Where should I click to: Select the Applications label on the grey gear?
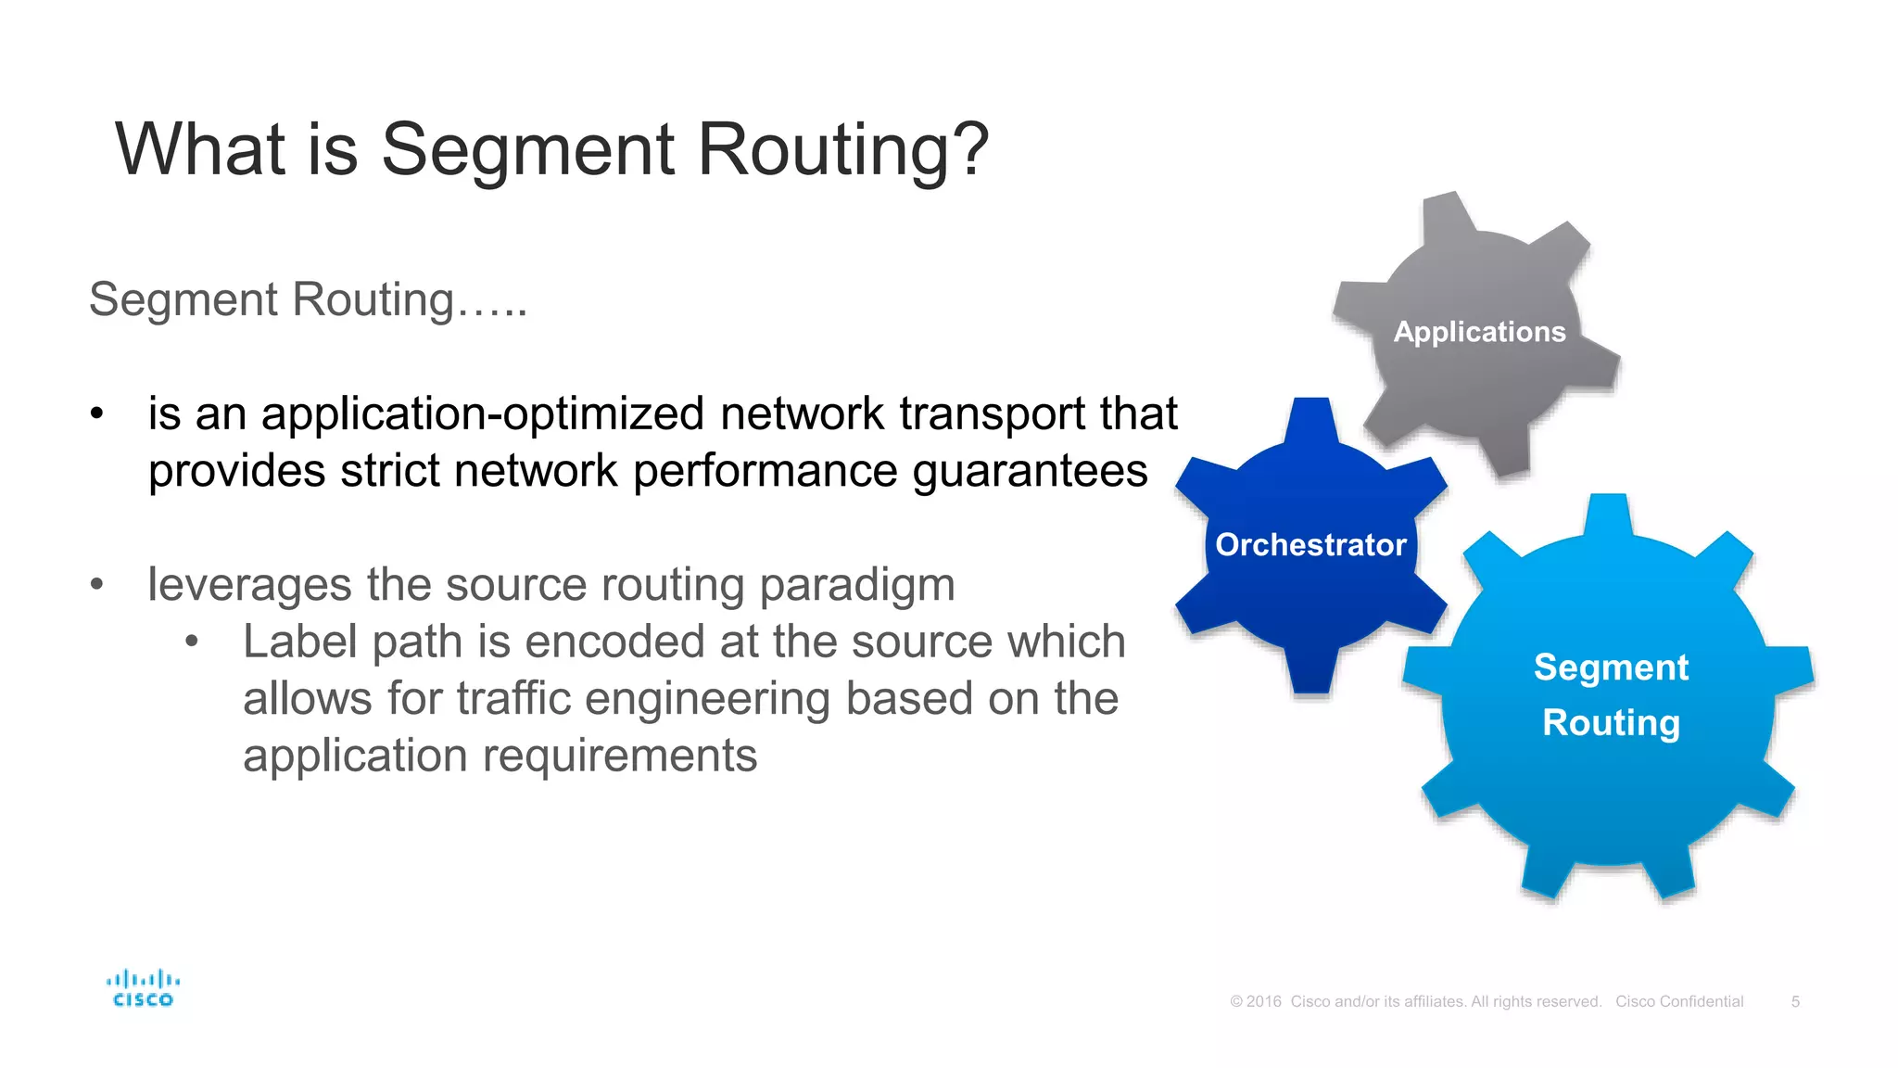(x=1479, y=332)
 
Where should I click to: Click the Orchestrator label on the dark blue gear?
(x=1310, y=545)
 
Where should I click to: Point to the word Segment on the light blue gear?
(x=1611, y=667)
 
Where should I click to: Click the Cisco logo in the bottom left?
(x=143, y=988)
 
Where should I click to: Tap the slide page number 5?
(x=1795, y=1001)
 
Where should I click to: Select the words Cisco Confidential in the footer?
(x=1679, y=1001)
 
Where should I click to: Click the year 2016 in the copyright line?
(x=1264, y=1001)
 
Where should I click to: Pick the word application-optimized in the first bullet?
(x=483, y=414)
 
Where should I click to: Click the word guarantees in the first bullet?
(x=1030, y=471)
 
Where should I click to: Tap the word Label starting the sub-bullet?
(x=300, y=642)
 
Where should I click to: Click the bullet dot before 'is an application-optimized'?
(x=97, y=414)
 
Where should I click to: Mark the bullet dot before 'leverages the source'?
(x=97, y=585)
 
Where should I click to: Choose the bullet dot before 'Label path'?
(x=192, y=642)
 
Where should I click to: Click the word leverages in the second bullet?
(x=248, y=585)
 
